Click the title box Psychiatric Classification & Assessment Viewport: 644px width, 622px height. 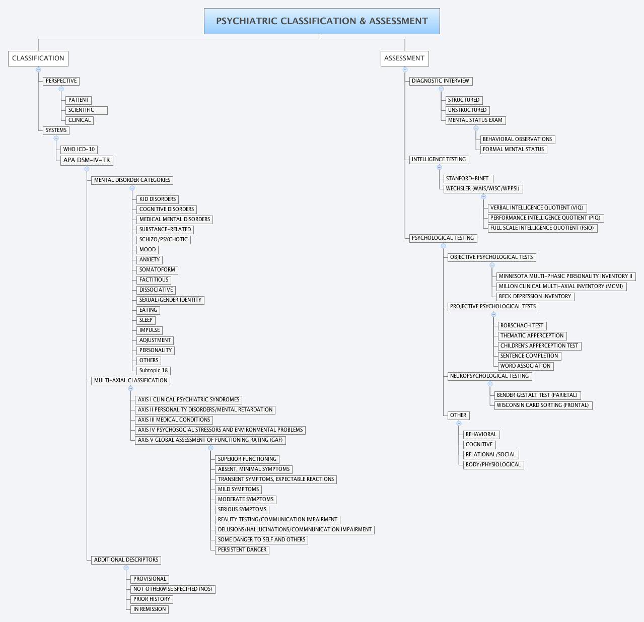click(322, 21)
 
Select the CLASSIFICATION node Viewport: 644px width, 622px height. click(38, 58)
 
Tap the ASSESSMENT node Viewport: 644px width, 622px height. click(404, 58)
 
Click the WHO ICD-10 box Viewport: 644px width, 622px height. click(79, 150)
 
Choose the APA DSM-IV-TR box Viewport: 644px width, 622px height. click(87, 160)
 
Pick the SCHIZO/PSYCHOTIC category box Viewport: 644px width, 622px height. click(163, 240)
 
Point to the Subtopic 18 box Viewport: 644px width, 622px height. click(154, 371)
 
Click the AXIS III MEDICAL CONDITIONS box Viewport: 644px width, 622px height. click(174, 420)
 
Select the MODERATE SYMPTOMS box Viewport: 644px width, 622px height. click(246, 500)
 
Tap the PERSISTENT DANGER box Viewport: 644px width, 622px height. click(242, 550)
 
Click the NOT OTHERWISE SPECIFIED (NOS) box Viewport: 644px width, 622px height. click(173, 589)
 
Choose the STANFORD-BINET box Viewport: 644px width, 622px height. click(467, 179)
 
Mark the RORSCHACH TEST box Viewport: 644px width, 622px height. click(522, 326)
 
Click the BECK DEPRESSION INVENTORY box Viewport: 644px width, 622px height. click(535, 297)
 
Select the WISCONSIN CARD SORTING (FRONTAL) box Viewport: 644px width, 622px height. click(542, 405)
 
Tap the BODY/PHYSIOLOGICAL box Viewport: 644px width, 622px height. click(493, 465)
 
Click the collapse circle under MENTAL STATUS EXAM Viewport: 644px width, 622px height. click(476, 128)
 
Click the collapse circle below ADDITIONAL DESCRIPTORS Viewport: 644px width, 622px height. click(126, 568)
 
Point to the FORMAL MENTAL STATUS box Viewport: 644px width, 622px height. click(513, 150)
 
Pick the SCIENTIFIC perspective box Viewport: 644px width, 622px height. click(86, 110)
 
